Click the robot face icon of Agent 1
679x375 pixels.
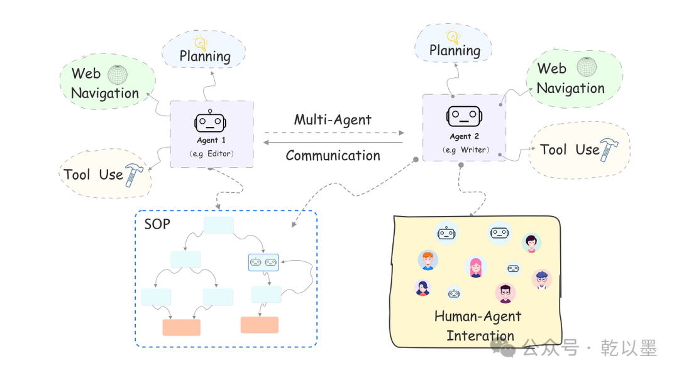pos(211,121)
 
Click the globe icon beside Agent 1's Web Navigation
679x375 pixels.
pos(117,75)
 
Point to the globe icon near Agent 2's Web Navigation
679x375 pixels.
pos(587,67)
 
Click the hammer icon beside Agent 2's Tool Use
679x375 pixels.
pos(609,149)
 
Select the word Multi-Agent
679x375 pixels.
pos(333,119)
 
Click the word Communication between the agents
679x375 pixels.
pos(333,155)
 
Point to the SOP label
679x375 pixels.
pos(157,224)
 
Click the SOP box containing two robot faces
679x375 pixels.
pos(263,262)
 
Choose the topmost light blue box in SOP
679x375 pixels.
pos(218,225)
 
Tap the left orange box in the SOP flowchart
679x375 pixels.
pos(181,327)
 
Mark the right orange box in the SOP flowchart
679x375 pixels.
pos(259,325)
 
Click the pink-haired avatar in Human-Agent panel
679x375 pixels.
pos(475,267)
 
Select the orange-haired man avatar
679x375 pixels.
pos(428,260)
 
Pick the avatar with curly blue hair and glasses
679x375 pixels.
pos(541,279)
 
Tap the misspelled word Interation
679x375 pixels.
pos(480,335)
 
